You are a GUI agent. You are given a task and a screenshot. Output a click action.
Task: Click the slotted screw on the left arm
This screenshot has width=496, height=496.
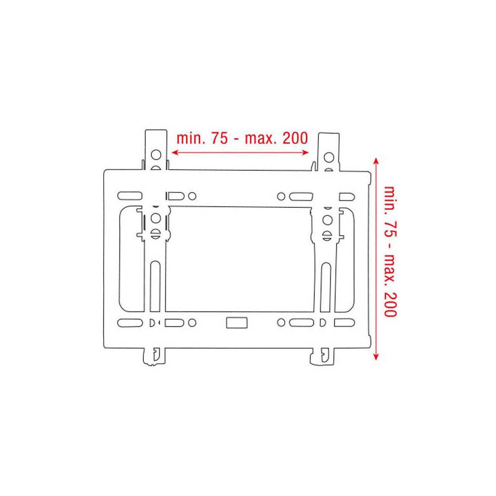(x=155, y=232)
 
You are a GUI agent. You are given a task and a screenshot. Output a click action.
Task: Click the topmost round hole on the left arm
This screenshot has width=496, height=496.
(x=156, y=153)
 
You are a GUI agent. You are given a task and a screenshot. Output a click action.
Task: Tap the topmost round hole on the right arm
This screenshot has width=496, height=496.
(x=328, y=157)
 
